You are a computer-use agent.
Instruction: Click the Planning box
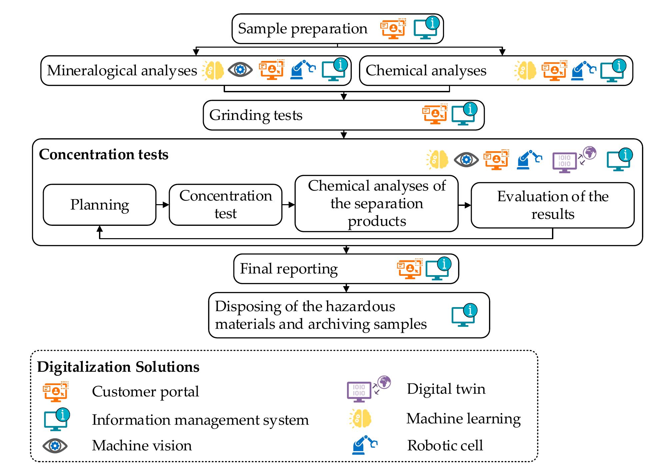[x=99, y=205]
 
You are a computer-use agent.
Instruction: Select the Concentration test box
[x=225, y=205]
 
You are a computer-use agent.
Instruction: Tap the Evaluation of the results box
[x=552, y=205]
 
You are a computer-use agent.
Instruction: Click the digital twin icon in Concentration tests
[x=573, y=160]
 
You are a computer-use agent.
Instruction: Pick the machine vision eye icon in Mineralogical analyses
[x=240, y=70]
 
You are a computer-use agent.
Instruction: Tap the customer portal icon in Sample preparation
[x=393, y=29]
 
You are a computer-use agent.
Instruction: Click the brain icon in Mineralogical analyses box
[x=213, y=70]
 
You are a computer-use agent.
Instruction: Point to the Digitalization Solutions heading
[x=118, y=367]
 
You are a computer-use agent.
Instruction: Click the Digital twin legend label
[x=446, y=389]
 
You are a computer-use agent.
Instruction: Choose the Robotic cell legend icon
[x=364, y=445]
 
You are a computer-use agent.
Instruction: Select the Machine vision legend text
[x=142, y=446]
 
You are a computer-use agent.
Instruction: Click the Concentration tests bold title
[x=104, y=155]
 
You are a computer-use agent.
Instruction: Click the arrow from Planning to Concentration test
[x=163, y=205]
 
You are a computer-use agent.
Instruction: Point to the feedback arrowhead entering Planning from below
[x=99, y=229]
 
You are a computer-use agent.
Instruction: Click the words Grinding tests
[x=256, y=115]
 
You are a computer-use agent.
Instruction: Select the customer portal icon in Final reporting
[x=409, y=268]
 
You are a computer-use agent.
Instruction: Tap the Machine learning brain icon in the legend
[x=361, y=419]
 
